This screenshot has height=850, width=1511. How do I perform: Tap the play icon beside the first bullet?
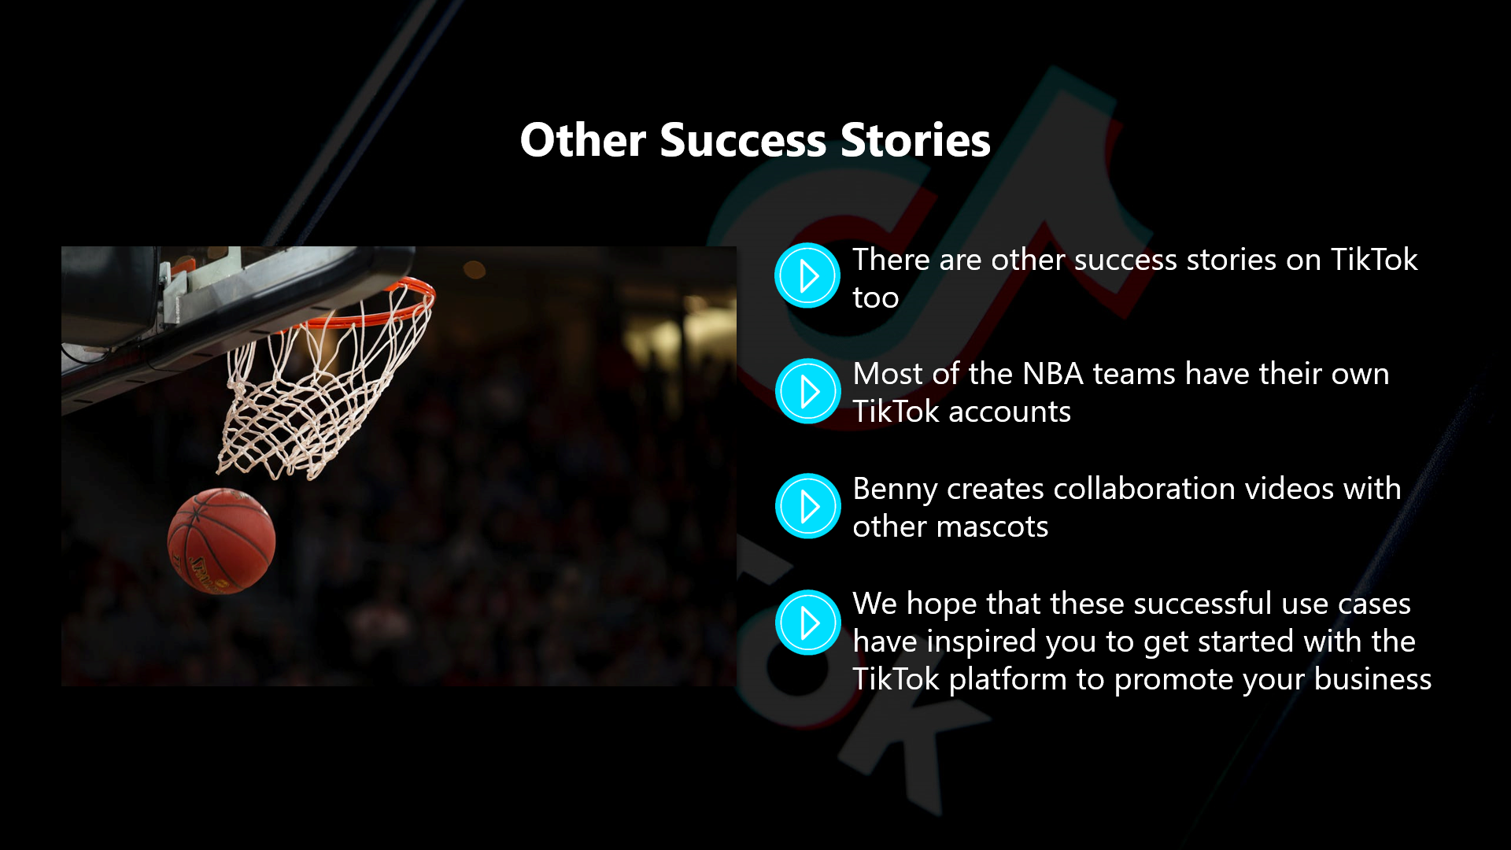[807, 275]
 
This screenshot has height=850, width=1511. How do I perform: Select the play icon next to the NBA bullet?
[807, 391]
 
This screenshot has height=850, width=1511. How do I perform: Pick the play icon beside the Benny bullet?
[807, 506]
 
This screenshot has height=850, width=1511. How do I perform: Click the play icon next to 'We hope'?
[807, 623]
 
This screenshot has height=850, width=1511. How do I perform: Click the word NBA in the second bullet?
[1052, 374]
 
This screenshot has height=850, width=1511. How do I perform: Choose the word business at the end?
[1372, 679]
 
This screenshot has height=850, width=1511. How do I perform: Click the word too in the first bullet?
[875, 298]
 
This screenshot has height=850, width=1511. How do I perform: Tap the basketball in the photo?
[221, 541]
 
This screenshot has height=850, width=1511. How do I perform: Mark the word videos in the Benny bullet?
[1279, 489]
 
